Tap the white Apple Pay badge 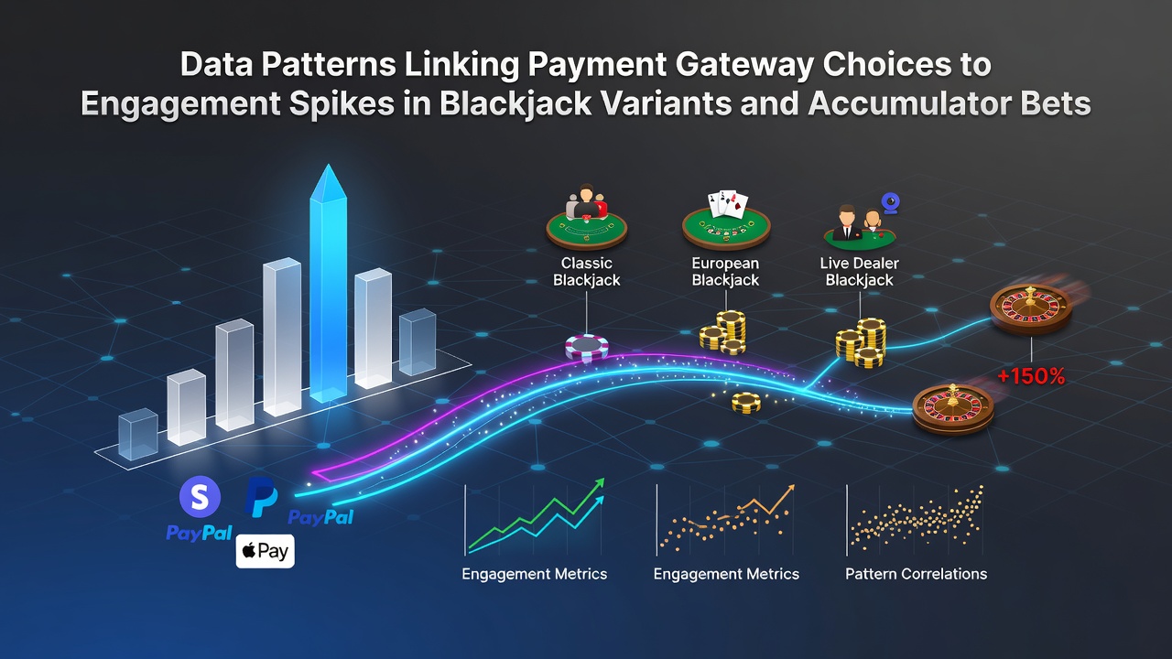tap(266, 551)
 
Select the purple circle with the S tap(200, 496)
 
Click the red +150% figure tap(1031, 376)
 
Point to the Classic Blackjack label tap(587, 272)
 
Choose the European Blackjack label tap(725, 272)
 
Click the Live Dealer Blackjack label tap(859, 272)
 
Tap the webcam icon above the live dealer tap(891, 203)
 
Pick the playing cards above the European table tap(728, 204)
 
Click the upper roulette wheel tap(1031, 308)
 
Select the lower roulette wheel tap(953, 408)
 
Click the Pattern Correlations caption tap(917, 574)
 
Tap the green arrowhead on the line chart tap(599, 483)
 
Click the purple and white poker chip tap(587, 347)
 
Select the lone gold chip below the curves tap(746, 402)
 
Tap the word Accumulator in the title tap(906, 103)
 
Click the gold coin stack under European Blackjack tap(723, 331)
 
